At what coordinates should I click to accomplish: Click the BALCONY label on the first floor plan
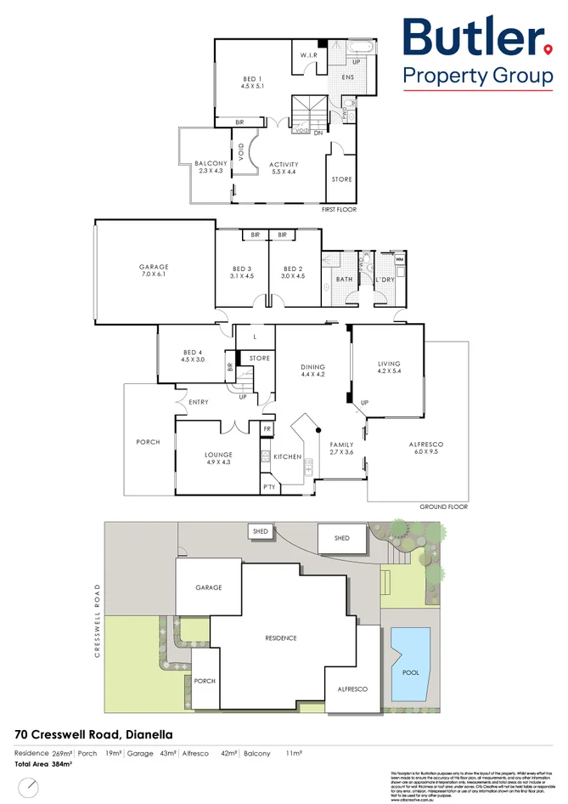click(x=211, y=164)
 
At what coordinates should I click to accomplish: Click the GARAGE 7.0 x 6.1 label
click(x=154, y=267)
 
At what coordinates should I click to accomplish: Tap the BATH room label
click(x=344, y=278)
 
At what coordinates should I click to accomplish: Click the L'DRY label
click(x=385, y=278)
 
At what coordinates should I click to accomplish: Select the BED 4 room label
click(x=193, y=353)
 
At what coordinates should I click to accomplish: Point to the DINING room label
click(x=313, y=367)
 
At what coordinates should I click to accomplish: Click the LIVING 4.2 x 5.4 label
click(x=388, y=364)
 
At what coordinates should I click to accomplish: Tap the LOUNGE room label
click(x=218, y=455)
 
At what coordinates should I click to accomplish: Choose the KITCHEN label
click(x=288, y=456)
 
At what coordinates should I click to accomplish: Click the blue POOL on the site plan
click(x=410, y=663)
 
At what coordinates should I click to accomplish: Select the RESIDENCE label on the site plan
click(x=281, y=637)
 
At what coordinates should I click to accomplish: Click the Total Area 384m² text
click(x=42, y=765)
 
